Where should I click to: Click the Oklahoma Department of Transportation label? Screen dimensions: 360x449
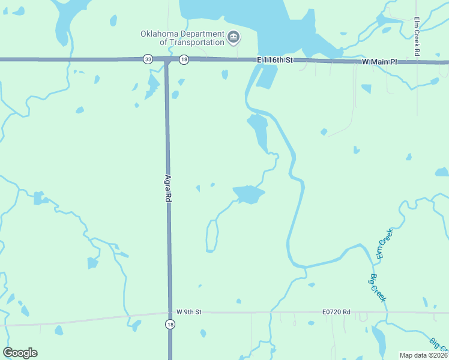point(182,38)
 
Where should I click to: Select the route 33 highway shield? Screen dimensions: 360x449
point(148,59)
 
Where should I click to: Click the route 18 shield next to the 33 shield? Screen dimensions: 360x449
point(184,59)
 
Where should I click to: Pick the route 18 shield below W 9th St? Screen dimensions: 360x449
point(170,325)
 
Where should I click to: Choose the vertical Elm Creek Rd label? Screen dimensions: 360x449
point(417,37)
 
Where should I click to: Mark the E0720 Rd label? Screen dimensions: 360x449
point(336,312)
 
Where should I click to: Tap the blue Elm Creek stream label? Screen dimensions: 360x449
point(384,244)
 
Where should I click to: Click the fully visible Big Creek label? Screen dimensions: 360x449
point(378,287)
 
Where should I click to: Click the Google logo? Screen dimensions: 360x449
point(20,352)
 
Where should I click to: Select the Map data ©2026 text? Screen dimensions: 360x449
point(423,355)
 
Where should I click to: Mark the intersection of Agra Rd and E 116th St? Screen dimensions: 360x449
point(166,60)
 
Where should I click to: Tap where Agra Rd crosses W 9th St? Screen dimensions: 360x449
point(170,313)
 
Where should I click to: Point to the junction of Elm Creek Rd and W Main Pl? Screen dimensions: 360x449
point(417,62)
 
